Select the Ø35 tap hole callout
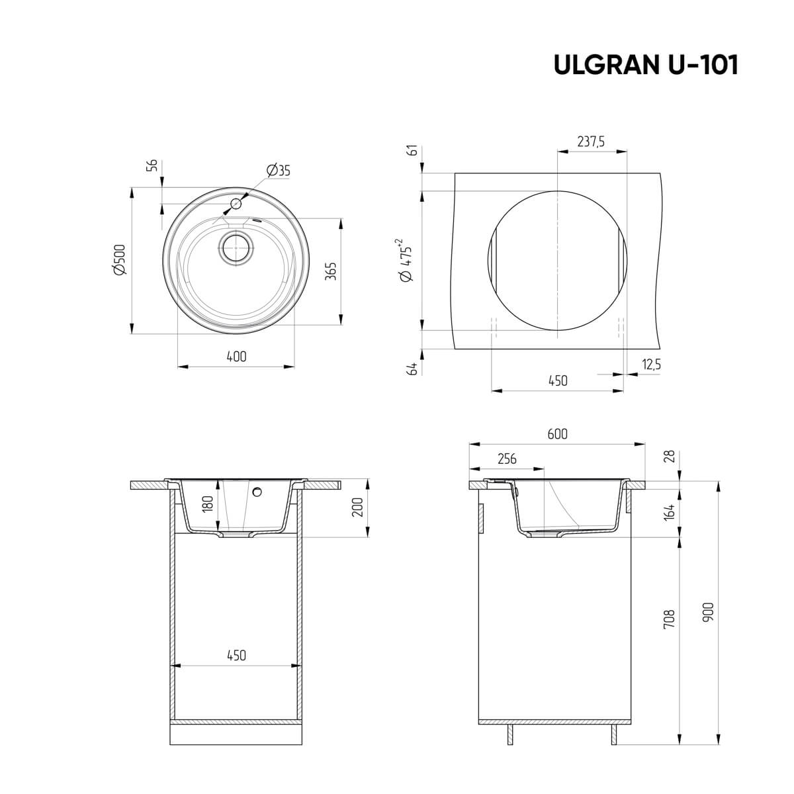pyautogui.click(x=279, y=171)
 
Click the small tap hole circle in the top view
pyautogui.click(x=236, y=202)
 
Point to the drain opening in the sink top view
pyautogui.click(x=236, y=248)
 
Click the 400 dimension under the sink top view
pyautogui.click(x=236, y=357)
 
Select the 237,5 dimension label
pyautogui.click(x=592, y=141)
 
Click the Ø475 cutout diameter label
pyautogui.click(x=406, y=261)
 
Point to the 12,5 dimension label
pyautogui.click(x=651, y=364)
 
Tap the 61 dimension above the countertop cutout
pyautogui.click(x=414, y=151)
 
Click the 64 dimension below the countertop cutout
pyautogui.click(x=414, y=369)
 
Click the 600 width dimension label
pyautogui.click(x=557, y=435)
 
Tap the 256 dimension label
pyautogui.click(x=506, y=459)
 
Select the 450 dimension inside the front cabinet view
pyautogui.click(x=236, y=656)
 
